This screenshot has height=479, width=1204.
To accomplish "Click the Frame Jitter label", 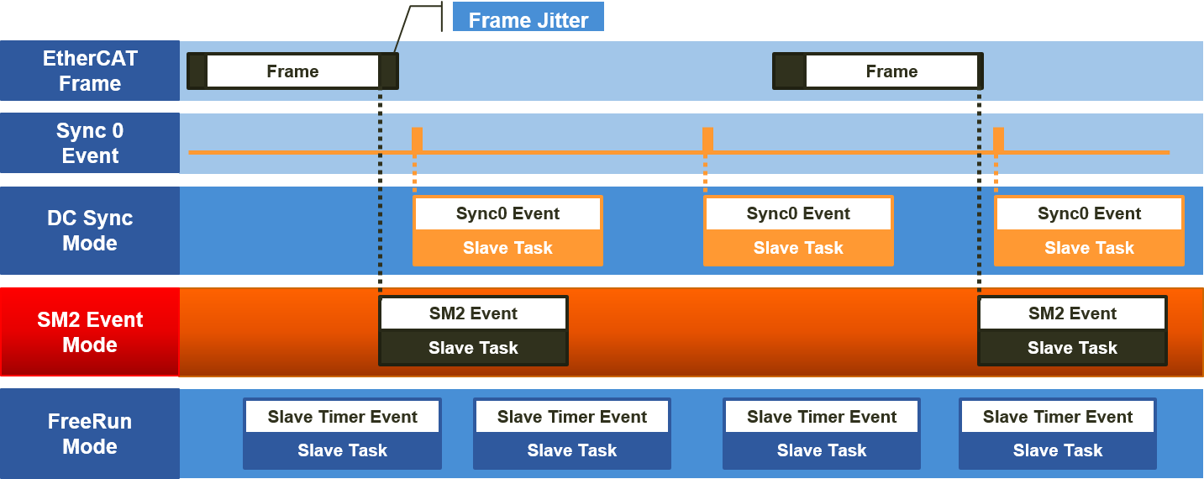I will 528,19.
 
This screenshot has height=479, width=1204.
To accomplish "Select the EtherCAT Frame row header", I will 90,71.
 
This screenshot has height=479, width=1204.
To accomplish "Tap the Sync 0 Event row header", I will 90,144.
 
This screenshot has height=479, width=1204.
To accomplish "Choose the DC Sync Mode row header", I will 90,230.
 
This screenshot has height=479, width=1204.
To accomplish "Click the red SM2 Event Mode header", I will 90,332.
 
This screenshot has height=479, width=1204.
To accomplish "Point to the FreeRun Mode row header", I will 90,434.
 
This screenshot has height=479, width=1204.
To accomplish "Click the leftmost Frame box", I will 292,71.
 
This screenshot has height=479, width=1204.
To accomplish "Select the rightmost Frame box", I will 891,71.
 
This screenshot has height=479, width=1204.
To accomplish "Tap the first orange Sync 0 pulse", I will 417,139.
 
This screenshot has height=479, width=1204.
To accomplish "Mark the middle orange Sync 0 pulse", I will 707,139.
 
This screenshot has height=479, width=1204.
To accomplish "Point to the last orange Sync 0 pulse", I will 998,139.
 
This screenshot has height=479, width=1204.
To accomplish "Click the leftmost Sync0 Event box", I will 507,213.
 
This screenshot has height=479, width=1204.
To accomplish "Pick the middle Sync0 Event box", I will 798,213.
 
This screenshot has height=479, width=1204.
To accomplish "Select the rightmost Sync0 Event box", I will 1089,213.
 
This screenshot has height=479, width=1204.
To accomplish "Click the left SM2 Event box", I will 473,313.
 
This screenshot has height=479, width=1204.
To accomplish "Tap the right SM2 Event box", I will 1072,313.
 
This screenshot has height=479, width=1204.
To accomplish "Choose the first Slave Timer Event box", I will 342,417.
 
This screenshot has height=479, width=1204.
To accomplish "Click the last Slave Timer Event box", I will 1058,417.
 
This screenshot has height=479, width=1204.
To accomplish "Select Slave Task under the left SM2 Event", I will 473,348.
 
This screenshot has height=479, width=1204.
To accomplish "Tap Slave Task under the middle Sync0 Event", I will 798,248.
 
